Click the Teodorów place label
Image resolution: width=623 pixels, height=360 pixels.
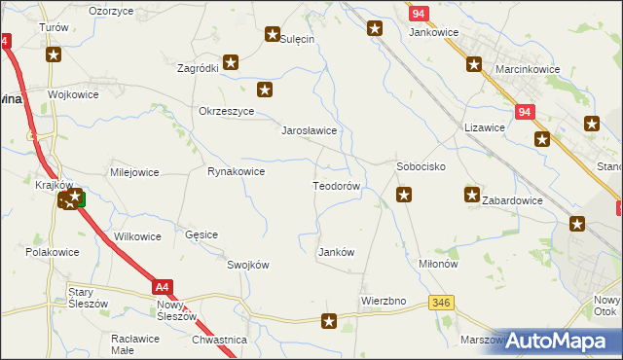point(337,185)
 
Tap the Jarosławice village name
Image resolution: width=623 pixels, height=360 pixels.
point(309,129)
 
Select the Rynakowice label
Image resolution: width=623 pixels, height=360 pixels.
point(236,171)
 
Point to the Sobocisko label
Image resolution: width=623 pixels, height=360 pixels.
point(421,166)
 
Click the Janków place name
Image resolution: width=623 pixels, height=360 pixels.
point(336,252)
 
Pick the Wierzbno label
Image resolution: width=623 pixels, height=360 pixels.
point(383,301)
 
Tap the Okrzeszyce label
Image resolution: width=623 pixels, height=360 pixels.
point(226,111)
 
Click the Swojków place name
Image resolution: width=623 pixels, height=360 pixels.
point(247,265)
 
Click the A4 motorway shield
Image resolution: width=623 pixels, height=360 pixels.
point(164,287)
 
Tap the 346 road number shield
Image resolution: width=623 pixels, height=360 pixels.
point(442,304)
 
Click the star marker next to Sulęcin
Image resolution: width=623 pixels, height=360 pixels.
point(273,35)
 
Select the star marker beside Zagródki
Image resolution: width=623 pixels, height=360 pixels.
point(231,63)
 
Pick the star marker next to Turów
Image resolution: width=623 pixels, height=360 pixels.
point(54,54)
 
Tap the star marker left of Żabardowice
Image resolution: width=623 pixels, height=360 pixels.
point(472,195)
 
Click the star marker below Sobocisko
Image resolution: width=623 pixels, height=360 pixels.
point(404,196)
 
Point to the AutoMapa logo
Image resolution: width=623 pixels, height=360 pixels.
point(560,341)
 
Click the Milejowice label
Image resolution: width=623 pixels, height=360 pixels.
point(134,172)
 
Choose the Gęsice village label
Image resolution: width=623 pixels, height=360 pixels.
point(202,234)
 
